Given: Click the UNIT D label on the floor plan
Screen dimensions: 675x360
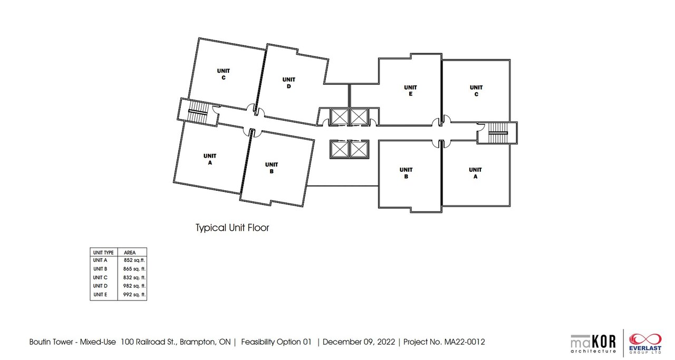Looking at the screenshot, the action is (x=288, y=83).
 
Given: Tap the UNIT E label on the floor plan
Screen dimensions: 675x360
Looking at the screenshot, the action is (x=410, y=91).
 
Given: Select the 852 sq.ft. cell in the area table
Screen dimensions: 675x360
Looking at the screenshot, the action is (x=134, y=260).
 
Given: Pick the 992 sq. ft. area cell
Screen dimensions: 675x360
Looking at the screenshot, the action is (x=134, y=294).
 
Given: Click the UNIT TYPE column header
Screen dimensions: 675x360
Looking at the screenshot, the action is (x=103, y=252).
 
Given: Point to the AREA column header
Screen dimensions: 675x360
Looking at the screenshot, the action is (x=130, y=252).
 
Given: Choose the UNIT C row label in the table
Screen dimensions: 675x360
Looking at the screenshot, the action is (x=100, y=277).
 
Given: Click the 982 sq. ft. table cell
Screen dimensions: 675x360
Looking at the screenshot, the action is (x=134, y=286).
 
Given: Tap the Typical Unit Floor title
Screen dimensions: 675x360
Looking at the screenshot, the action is (x=233, y=228).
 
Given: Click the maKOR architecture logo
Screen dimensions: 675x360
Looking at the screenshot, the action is (x=593, y=344).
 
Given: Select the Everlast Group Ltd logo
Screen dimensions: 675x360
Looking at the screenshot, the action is (x=645, y=344).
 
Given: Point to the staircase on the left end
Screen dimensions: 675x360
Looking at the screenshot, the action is (x=198, y=112).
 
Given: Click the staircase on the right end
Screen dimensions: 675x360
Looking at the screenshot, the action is (x=497, y=132).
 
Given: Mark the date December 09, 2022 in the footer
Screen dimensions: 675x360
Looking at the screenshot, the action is (x=359, y=342).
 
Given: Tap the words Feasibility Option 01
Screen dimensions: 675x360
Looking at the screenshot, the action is (x=276, y=342).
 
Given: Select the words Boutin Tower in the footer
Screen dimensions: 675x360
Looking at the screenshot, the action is (x=51, y=342).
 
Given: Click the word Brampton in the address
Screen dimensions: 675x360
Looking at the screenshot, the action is (x=197, y=342).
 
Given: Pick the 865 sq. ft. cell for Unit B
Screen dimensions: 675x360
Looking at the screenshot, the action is (x=134, y=269).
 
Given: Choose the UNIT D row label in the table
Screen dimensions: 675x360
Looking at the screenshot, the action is (x=100, y=286).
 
